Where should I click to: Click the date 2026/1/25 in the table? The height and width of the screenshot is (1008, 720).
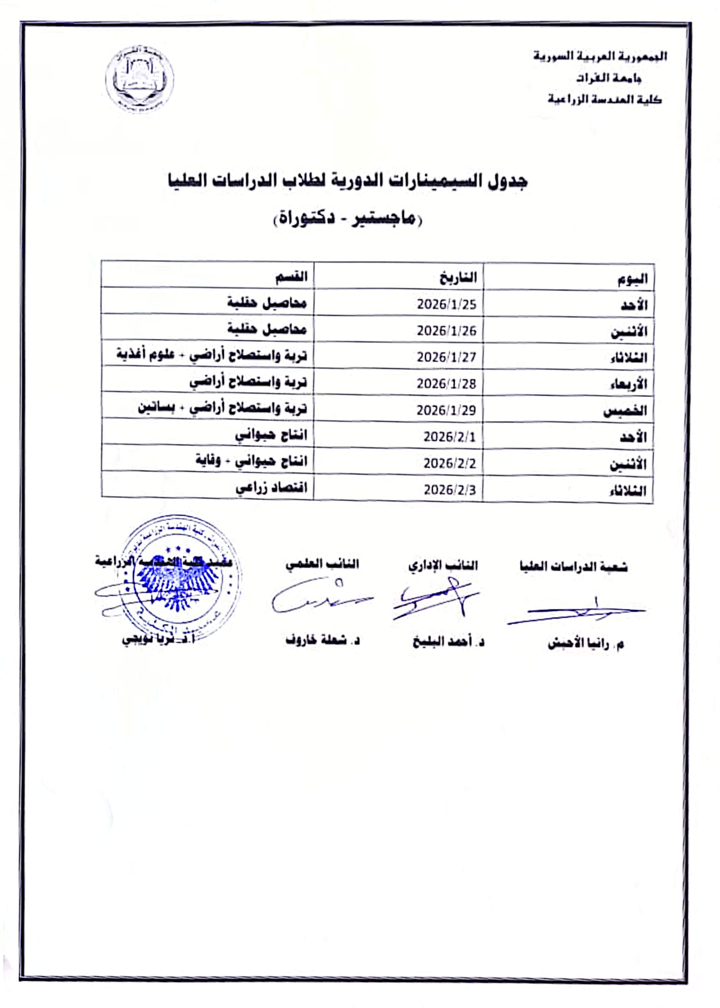click(446, 304)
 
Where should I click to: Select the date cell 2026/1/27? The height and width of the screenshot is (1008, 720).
click(446, 357)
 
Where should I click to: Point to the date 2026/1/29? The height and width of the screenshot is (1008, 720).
click(446, 410)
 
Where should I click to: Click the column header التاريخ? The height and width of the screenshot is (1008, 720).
click(458, 278)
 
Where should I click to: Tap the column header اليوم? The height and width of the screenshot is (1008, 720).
click(633, 279)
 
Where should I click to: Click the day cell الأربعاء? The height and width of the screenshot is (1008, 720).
click(628, 384)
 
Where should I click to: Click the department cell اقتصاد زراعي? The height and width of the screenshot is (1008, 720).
click(271, 488)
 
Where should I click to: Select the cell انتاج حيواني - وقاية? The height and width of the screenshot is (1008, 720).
click(251, 461)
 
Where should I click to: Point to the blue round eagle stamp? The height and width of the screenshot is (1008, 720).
click(180, 579)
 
